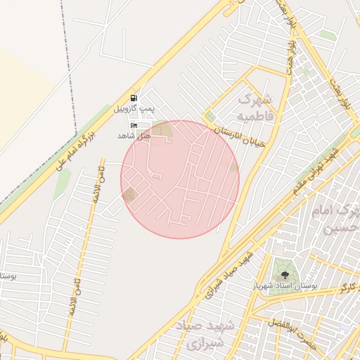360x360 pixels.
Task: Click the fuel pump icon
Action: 134,98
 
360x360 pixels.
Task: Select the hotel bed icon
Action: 134,124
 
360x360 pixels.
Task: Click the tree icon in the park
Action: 285,275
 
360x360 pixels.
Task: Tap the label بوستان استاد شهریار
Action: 285,287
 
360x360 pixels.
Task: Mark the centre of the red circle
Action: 180,179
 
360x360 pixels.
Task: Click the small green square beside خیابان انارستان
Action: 210,116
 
